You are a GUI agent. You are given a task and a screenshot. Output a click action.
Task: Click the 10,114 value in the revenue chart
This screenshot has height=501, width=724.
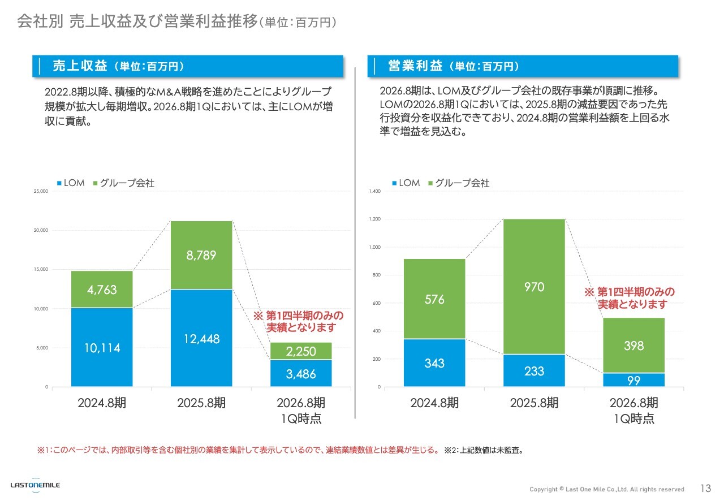[x=102, y=348]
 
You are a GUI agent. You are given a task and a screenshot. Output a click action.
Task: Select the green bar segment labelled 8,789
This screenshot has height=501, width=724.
[x=201, y=255]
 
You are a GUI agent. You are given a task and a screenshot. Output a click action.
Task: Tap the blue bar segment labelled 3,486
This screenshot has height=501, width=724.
[x=300, y=373]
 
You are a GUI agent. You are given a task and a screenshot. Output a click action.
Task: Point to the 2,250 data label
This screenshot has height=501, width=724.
[x=300, y=352]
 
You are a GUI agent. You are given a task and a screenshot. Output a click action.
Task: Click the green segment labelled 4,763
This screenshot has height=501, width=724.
[x=102, y=290]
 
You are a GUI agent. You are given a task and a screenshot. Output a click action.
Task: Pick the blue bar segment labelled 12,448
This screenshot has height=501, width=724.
[x=201, y=339]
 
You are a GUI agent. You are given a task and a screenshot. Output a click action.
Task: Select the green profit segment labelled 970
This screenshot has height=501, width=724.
[x=534, y=287]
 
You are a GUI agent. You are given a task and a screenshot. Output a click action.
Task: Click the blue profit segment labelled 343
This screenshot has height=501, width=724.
[x=434, y=363]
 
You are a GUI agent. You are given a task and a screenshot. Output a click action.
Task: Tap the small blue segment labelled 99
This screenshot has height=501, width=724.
[x=633, y=381]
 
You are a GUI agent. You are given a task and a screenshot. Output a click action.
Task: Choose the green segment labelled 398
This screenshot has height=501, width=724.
[x=633, y=345]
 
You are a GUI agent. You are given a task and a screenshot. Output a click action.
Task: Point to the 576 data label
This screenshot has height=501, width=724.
[x=434, y=300]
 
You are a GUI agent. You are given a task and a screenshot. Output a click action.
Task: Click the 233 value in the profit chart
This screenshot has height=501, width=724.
[x=534, y=371]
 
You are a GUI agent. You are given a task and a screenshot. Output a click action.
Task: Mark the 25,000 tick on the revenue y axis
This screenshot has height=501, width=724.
[x=41, y=192]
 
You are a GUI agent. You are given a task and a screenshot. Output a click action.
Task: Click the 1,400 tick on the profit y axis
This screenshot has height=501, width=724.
[x=374, y=192]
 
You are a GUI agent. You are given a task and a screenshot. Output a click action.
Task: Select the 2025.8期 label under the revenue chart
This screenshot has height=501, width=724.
[x=201, y=403]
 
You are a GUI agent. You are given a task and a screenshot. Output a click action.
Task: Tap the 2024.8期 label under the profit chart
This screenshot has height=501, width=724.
[x=434, y=403]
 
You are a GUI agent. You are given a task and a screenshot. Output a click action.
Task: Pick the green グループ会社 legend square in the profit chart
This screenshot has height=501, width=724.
[x=430, y=183]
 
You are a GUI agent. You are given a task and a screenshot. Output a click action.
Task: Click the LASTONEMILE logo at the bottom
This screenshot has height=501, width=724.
[x=35, y=485]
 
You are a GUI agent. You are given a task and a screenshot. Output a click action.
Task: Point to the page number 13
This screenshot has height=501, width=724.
[x=705, y=489]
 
